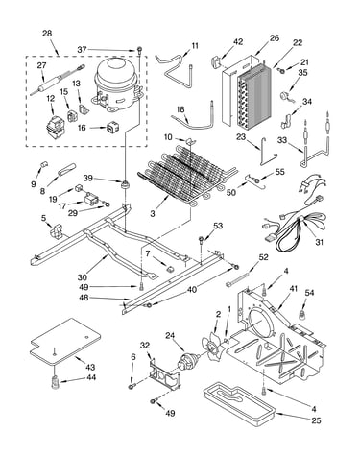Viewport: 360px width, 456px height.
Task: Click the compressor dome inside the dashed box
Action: pyautogui.click(x=117, y=84)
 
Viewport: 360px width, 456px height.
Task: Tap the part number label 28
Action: pyautogui.click(x=47, y=34)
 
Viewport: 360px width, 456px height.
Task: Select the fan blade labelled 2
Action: pyautogui.click(x=211, y=347)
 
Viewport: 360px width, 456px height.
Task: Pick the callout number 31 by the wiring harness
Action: pyautogui.click(x=319, y=242)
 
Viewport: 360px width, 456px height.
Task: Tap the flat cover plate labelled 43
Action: pyautogui.click(x=65, y=342)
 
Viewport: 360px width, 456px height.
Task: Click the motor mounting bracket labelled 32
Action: pyautogui.click(x=163, y=374)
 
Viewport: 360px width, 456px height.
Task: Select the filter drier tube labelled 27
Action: pyautogui.click(x=59, y=80)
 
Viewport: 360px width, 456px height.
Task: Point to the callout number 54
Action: pyautogui.click(x=309, y=293)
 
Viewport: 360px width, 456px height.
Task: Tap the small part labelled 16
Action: pyautogui.click(x=112, y=128)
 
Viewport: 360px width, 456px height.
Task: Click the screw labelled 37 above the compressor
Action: pyautogui.click(x=140, y=50)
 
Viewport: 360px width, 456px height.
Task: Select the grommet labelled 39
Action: pyautogui.click(x=124, y=184)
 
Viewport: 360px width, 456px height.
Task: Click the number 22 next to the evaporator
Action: pyautogui.click(x=298, y=42)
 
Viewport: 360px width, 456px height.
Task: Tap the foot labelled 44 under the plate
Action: pyautogui.click(x=56, y=382)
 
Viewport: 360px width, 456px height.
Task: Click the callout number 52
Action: pyautogui.click(x=263, y=257)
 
